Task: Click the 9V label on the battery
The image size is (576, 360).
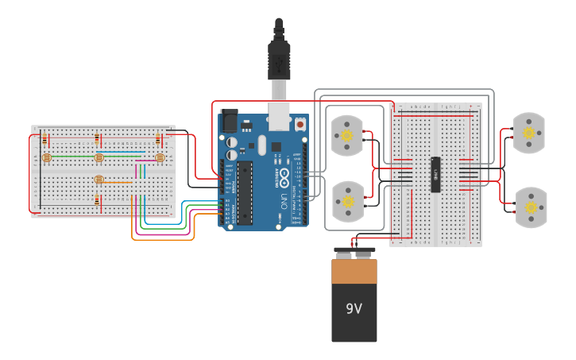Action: [354, 308]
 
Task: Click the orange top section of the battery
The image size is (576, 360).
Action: [354, 272]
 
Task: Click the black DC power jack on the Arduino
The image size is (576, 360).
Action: [229, 121]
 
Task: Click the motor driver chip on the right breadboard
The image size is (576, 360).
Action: [435, 174]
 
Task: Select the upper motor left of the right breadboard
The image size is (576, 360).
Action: [346, 134]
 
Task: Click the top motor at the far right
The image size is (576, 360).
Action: [529, 133]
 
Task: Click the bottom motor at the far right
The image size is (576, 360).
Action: [531, 207]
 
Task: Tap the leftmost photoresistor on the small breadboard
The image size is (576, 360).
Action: [46, 157]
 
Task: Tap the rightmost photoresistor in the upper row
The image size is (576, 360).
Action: [160, 157]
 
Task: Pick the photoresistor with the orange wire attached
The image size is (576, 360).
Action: [99, 180]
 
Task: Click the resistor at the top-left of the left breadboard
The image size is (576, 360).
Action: [44, 140]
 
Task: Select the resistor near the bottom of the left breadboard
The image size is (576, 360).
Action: [98, 200]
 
